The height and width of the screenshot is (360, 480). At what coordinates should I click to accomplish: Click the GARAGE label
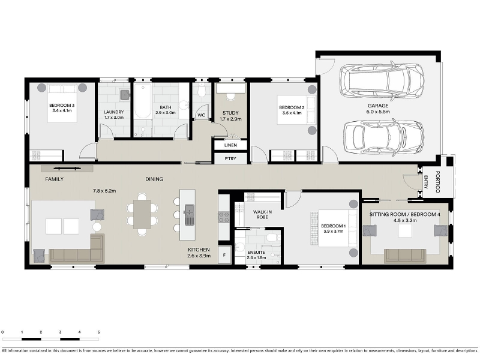pos(378,106)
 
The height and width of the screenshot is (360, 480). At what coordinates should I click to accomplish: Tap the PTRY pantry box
pos(230,158)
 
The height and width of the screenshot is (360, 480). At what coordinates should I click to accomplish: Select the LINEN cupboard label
pos(230,145)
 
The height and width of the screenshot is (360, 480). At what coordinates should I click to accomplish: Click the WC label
pos(201,115)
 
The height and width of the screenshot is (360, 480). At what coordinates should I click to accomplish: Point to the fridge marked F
pos(224,254)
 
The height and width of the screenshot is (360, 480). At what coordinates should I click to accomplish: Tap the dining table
pos(142,214)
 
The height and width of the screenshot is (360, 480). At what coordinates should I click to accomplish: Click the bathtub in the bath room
pos(143,101)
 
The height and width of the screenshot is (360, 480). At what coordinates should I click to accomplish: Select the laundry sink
pos(125,95)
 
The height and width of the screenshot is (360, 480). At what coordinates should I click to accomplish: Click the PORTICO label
pos(437,182)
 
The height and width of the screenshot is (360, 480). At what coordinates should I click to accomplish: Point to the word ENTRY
pos(425,182)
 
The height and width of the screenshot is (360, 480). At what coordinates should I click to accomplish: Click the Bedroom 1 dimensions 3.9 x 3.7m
pos(334,232)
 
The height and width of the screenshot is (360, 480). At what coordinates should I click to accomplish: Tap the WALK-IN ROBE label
pos(262,214)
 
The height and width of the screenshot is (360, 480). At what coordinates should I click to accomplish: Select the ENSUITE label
pos(256,252)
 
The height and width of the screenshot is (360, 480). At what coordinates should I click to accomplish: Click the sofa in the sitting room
pos(405,256)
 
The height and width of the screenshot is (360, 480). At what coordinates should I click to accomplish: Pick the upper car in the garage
pos(382,81)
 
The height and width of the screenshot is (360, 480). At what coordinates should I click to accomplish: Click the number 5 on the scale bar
pos(98,332)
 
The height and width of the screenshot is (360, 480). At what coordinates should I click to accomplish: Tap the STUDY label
pos(230,113)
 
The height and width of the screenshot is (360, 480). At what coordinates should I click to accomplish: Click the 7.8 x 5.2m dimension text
pos(104,191)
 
